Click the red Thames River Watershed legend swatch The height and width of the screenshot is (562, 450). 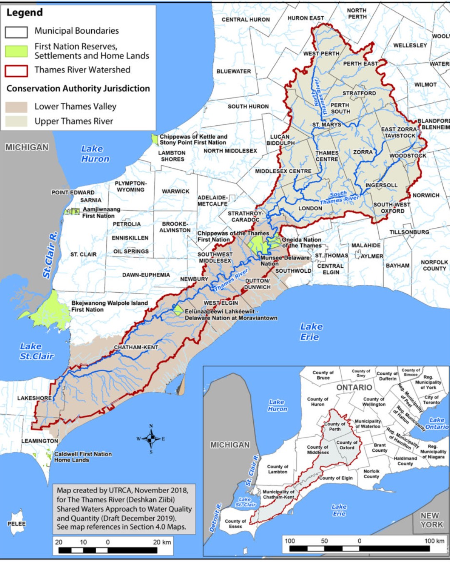coord(16,71)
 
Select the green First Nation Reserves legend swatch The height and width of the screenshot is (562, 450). coord(16,51)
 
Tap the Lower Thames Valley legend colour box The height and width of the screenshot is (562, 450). coord(16,107)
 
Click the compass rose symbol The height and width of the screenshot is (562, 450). coord(151,438)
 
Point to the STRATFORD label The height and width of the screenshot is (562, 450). coord(359,93)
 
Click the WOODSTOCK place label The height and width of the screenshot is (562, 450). coord(407,156)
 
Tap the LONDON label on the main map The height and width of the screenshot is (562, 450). coord(310,208)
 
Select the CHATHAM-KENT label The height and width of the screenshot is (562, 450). coord(136,347)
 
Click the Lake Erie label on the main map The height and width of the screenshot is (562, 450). coord(310,332)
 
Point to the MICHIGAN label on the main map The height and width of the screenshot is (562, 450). coord(27,147)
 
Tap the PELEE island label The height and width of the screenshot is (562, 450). coord(17,524)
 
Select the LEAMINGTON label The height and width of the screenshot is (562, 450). coord(40,441)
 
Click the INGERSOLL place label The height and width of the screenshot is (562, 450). coord(381,185)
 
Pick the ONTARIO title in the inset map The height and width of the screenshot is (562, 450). coord(354,388)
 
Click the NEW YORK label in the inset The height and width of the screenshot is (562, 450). coord(432,520)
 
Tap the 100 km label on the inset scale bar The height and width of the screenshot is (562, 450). coord(434,541)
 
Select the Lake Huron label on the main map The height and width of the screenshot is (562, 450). coord(95,154)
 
